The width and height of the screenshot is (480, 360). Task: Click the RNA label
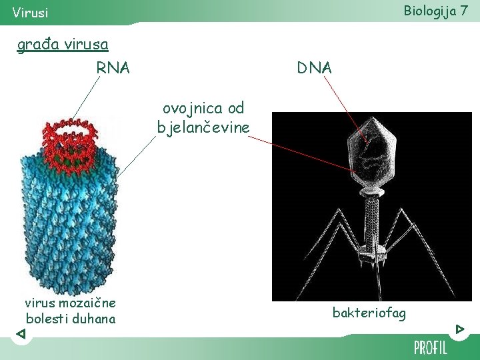coord(113,67)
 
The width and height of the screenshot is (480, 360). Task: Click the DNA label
coord(315,67)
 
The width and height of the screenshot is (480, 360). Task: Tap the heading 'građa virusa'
coord(63,45)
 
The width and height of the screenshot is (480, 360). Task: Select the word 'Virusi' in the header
coord(30,13)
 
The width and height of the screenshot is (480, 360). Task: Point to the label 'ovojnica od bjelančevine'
coord(203,117)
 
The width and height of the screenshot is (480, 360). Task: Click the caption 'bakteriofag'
coord(369,313)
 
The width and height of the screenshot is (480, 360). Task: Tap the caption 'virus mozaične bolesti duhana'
coord(70,311)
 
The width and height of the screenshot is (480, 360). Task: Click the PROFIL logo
coord(430,347)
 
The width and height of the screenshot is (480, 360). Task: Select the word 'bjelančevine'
coord(203,126)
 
